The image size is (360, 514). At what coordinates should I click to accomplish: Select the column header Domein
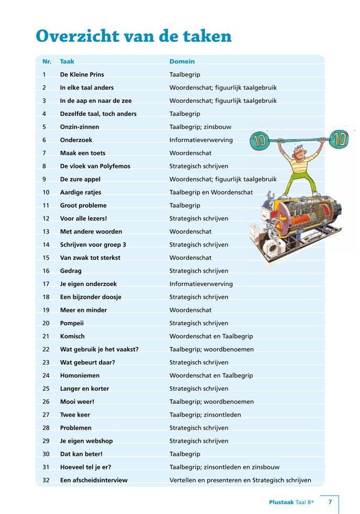coord(182,61)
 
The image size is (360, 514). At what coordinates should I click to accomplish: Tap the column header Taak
coord(67,61)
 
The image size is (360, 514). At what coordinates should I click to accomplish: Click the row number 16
coord(46,271)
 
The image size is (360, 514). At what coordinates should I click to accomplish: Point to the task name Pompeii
coord(72,323)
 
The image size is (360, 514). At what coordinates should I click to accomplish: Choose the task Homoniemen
coord(80,376)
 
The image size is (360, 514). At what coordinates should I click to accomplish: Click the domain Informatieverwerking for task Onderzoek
coord(201,140)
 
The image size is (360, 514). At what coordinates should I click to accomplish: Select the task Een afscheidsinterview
coord(94,480)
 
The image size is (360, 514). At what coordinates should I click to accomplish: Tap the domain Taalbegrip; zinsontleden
coord(205,414)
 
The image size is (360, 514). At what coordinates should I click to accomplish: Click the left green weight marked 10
coord(260,141)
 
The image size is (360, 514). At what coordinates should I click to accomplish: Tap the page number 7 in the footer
coord(330,502)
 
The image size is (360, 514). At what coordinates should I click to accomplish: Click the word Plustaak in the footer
coord(281,502)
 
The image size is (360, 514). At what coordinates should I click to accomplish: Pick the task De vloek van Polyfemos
coord(95,166)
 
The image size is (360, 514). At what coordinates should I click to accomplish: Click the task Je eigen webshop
coord(86,441)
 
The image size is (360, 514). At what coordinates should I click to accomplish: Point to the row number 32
coord(46,480)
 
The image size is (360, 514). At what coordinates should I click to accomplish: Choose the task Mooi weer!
coord(77,402)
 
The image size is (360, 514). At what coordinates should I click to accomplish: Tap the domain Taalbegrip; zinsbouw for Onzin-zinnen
coord(200,127)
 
